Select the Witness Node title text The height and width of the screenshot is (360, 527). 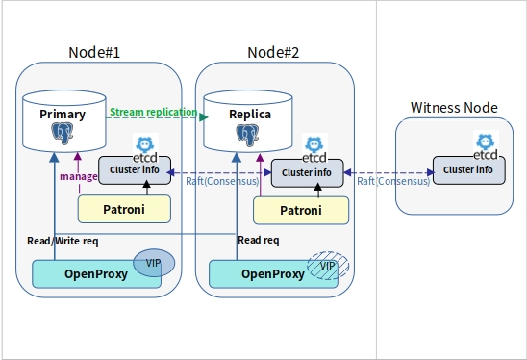pos(453,107)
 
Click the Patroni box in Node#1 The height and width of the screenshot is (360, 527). pos(123,207)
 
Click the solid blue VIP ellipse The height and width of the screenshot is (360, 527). pos(154,263)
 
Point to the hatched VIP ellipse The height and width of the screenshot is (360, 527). pos(328,264)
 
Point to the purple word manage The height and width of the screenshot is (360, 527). pos(78,176)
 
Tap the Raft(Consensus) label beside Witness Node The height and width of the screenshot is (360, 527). pos(389,180)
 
